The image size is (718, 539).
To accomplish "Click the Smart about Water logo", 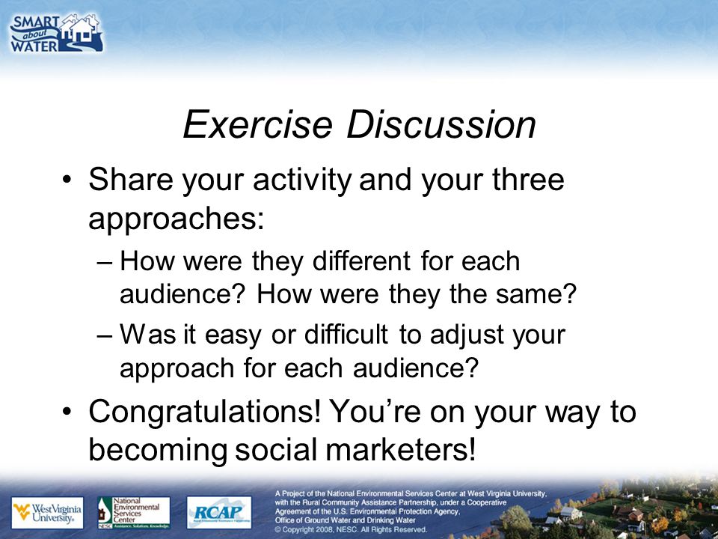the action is pyautogui.click(x=56, y=33).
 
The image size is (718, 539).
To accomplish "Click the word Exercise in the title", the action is pyautogui.click(x=257, y=125).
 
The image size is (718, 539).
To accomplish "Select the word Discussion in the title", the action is pyautogui.click(x=441, y=125).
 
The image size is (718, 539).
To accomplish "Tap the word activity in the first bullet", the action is pyautogui.click(x=302, y=180).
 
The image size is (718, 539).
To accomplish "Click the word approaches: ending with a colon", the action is pyautogui.click(x=177, y=219).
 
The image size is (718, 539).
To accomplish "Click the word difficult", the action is pyautogui.click(x=346, y=335).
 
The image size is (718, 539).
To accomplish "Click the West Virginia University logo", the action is pyautogui.click(x=48, y=512).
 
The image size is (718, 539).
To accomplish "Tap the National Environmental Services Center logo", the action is pyautogui.click(x=134, y=512).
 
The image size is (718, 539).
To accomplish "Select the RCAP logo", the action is pyautogui.click(x=219, y=512).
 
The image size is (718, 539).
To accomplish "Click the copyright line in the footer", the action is pyautogui.click(x=351, y=529).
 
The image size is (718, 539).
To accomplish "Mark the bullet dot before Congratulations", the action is pyautogui.click(x=67, y=411).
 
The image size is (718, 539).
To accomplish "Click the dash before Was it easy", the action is pyautogui.click(x=104, y=335).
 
